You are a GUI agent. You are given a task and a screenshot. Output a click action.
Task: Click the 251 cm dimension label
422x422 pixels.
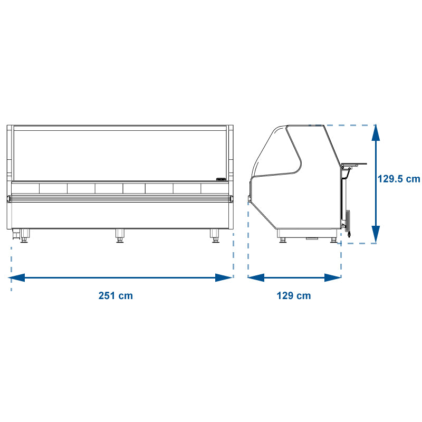(116, 295)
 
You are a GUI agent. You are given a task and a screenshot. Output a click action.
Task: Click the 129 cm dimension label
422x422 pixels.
(294, 295)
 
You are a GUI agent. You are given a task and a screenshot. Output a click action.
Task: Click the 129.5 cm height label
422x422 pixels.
(399, 179)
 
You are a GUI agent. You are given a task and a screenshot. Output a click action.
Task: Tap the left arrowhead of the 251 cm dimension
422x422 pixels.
(17, 277)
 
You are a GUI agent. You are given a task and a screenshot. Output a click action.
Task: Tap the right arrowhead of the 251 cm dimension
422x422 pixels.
(224, 277)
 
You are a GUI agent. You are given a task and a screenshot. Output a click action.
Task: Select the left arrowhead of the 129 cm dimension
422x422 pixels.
(256, 277)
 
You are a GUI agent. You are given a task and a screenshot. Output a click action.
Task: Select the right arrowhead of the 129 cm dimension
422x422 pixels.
(333, 277)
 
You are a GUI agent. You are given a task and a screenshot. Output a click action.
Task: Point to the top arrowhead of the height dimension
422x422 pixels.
(376, 133)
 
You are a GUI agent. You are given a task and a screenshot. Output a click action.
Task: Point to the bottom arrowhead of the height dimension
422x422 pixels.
(376, 234)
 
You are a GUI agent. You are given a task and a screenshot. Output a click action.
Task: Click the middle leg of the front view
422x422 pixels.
(120, 236)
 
